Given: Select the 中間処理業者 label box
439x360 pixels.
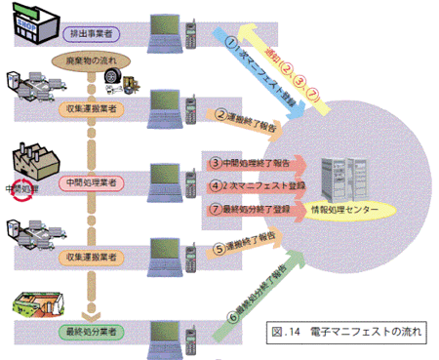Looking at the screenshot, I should [x=93, y=182].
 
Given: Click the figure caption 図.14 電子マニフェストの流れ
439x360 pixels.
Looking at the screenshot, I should [x=349, y=332].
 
